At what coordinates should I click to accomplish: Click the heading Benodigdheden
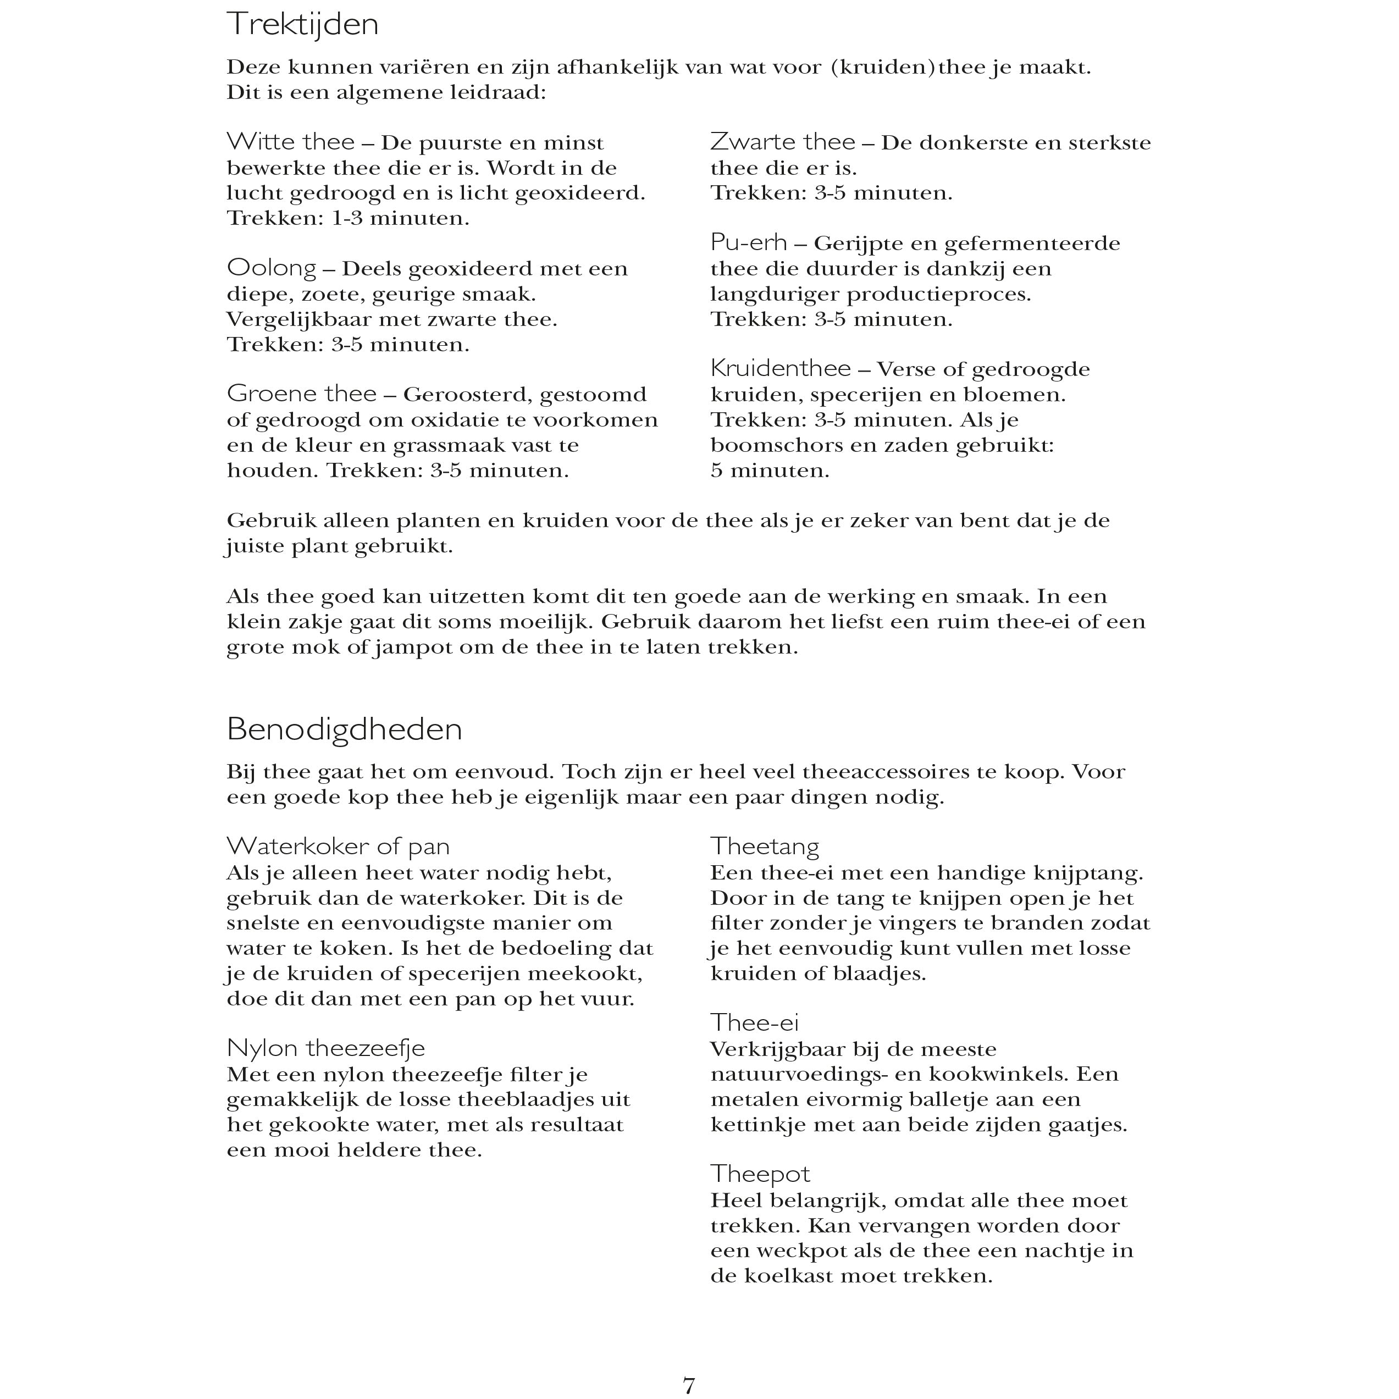tap(344, 729)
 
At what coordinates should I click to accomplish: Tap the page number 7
tap(689, 1385)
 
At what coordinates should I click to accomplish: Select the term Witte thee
tap(290, 141)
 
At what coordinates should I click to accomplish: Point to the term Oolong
tap(272, 268)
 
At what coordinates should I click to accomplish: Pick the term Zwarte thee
tap(782, 141)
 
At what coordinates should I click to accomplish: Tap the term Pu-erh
tap(748, 242)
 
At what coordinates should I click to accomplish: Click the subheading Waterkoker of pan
tap(338, 846)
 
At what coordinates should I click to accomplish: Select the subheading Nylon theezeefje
tap(326, 1048)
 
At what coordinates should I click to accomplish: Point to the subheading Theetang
tap(764, 846)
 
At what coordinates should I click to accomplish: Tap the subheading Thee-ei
tap(754, 1022)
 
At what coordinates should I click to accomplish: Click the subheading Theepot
tap(760, 1173)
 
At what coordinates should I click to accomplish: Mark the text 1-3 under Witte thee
tap(347, 218)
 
